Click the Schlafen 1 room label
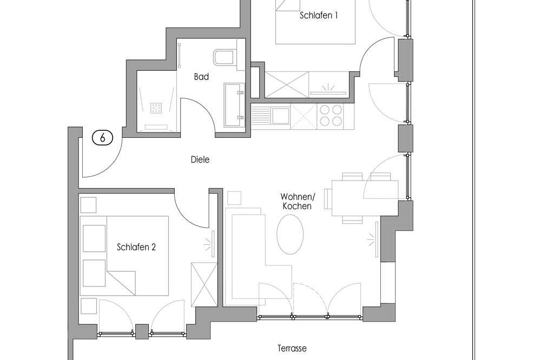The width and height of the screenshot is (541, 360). coord(319,15)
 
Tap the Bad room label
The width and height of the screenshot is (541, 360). coord(201,77)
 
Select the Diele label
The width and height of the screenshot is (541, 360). coord(200,159)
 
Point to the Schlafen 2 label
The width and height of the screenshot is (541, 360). coord(136,247)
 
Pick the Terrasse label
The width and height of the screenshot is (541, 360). coord(292,348)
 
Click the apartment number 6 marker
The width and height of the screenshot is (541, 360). coord(102,138)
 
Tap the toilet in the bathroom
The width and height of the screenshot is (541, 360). coord(225,57)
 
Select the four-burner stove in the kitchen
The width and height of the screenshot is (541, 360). coord(331,116)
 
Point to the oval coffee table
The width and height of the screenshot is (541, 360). coord(290,234)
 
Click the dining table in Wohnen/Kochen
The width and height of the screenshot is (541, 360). coord(365,198)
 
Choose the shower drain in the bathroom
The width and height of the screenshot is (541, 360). coord(156,108)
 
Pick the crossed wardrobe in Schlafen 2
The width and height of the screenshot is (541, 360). coord(204,284)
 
